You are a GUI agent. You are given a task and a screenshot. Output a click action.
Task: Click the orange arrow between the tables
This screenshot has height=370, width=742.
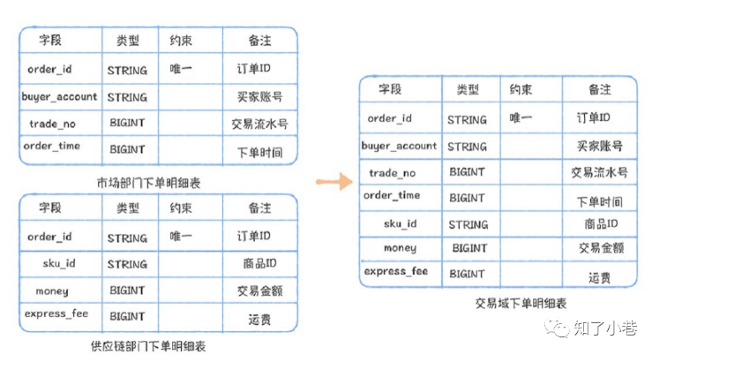(x=334, y=181)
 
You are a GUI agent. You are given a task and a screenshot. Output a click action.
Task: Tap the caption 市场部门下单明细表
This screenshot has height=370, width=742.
(x=148, y=183)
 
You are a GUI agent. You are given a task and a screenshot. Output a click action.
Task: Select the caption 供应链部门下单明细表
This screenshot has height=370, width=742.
(x=148, y=346)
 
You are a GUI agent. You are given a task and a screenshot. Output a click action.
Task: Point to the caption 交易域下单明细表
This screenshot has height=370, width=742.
(x=521, y=303)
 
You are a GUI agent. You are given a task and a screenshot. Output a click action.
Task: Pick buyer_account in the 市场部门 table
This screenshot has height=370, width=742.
(x=59, y=97)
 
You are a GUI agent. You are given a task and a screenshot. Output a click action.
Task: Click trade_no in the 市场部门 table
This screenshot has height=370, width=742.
(x=53, y=125)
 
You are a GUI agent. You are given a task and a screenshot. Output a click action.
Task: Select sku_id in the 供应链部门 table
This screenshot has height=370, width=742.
(x=59, y=263)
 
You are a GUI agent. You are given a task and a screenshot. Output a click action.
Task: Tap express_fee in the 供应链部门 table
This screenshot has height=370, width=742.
(x=56, y=313)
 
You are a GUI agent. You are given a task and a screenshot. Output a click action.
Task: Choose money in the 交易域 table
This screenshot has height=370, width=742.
(x=401, y=248)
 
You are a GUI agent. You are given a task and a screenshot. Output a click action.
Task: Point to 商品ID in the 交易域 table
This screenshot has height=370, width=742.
(x=601, y=223)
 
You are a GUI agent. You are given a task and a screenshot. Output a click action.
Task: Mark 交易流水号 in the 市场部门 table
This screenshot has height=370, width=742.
(x=259, y=125)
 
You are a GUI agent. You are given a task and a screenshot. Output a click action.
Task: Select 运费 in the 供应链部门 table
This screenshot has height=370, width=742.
(x=259, y=320)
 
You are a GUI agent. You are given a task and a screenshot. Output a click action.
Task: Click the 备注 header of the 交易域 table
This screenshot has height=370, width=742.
(x=600, y=89)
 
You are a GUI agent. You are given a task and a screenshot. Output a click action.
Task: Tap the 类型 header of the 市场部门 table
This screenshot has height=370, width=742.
(x=128, y=41)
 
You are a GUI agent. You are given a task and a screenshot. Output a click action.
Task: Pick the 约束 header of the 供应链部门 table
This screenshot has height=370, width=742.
(x=181, y=208)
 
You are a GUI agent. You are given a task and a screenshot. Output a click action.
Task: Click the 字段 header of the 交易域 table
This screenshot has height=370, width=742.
(x=390, y=89)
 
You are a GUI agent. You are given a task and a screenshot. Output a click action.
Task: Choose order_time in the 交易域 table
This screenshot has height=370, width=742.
(x=392, y=195)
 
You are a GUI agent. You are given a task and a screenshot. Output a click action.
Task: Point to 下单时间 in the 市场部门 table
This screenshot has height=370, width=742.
(x=259, y=153)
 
